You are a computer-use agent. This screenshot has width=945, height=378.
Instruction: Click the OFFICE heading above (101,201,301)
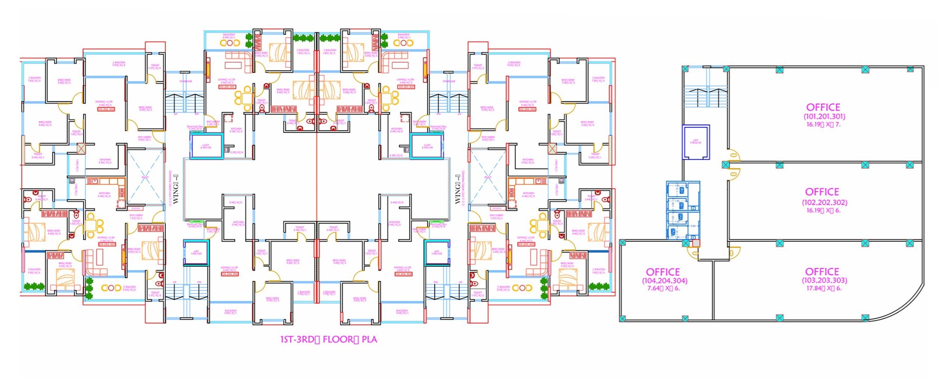point(823,107)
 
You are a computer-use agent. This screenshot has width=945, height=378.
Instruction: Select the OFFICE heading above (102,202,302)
point(822,192)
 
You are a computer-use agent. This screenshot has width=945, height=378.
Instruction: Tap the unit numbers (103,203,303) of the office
point(824,280)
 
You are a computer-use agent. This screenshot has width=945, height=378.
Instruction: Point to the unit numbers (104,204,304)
point(665,281)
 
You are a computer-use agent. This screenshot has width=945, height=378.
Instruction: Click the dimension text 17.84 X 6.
point(824,288)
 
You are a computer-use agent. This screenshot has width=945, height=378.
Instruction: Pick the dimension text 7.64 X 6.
point(663,288)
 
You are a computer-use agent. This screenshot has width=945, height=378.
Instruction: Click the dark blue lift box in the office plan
point(696,142)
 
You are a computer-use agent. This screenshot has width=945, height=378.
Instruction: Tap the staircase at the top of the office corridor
point(705,97)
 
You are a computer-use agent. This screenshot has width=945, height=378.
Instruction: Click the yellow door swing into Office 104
point(694,253)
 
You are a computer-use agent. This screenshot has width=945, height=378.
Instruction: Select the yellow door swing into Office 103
point(734,253)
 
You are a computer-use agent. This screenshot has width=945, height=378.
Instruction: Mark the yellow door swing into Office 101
point(734,155)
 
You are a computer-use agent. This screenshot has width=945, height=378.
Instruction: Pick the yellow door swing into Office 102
point(734,174)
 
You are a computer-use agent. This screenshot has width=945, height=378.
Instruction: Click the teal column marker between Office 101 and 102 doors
point(725,165)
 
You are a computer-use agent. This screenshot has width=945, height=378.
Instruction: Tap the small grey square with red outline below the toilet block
point(696,243)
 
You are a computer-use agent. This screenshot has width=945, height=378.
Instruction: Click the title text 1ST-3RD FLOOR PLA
point(328,340)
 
